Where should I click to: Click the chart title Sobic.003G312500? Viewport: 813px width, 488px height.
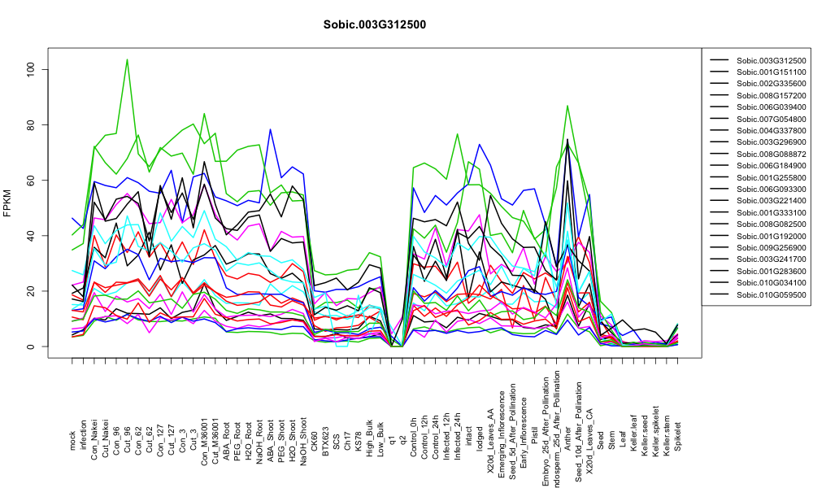pyautogui.click(x=374, y=24)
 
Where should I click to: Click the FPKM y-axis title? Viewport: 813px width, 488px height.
pyautogui.click(x=7, y=203)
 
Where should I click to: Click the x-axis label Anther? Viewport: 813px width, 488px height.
pyautogui.click(x=567, y=438)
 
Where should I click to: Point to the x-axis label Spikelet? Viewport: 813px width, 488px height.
pyautogui.click(x=678, y=436)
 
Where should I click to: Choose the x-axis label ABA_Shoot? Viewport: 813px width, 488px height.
pyautogui.click(x=270, y=431)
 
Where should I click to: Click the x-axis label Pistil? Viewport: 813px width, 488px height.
pyautogui.click(x=535, y=439)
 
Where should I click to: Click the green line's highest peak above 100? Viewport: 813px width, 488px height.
pyautogui.click(x=127, y=59)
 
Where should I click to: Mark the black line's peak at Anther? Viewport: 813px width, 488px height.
pyautogui.click(x=567, y=139)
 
